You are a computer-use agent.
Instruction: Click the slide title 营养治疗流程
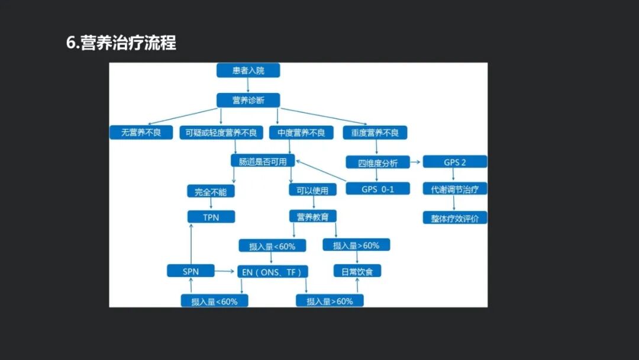121,43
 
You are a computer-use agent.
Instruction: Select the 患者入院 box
248,70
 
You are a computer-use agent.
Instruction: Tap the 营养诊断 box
248,100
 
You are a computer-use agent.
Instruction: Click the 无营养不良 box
141,133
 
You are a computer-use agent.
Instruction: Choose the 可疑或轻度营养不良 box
221,133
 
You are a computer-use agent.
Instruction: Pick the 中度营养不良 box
301,133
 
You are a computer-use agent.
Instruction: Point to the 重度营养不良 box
375,133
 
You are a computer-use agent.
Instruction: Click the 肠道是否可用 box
262,160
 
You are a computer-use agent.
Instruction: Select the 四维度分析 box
378,162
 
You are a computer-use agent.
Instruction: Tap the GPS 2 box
455,162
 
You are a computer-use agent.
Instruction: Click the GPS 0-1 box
377,189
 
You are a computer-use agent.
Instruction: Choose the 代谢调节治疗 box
455,189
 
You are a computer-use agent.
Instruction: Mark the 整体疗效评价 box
455,217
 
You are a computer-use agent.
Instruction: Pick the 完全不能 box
211,191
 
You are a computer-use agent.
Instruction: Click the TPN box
211,217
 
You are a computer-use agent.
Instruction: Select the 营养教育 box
313,216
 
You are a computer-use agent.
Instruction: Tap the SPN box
191,271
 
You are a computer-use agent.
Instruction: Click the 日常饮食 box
357,271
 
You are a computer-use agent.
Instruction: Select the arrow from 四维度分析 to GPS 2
415,162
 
